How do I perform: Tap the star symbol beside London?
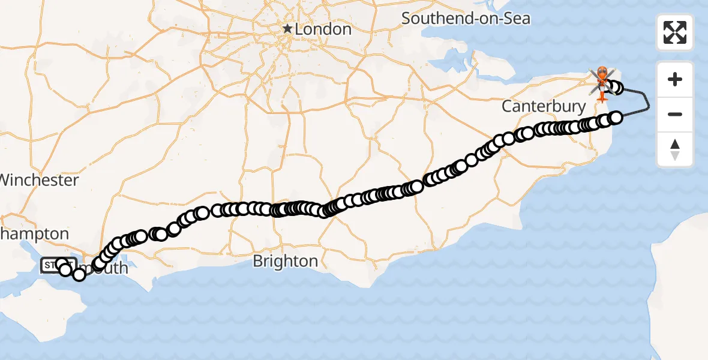288,28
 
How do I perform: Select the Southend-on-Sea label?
466,18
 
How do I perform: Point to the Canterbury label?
544,107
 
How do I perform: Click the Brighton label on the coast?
286,261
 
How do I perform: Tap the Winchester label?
40,180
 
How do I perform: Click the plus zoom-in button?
675,79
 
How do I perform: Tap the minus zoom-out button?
675,114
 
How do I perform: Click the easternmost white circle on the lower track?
616,117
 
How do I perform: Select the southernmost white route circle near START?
79,275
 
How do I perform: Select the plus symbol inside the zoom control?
675,79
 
